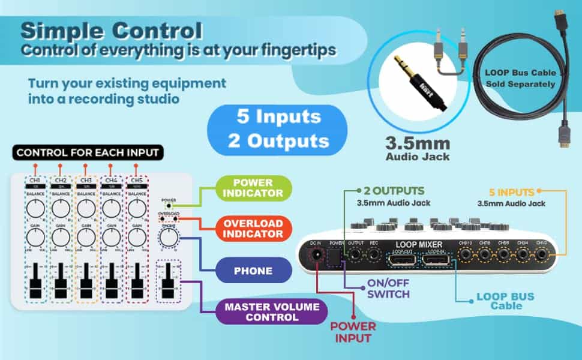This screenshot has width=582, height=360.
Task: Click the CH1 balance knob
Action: [x=35, y=208]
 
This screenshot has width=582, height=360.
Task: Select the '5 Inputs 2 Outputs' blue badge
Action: [x=278, y=128]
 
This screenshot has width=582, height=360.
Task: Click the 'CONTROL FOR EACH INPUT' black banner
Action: [x=88, y=153]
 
